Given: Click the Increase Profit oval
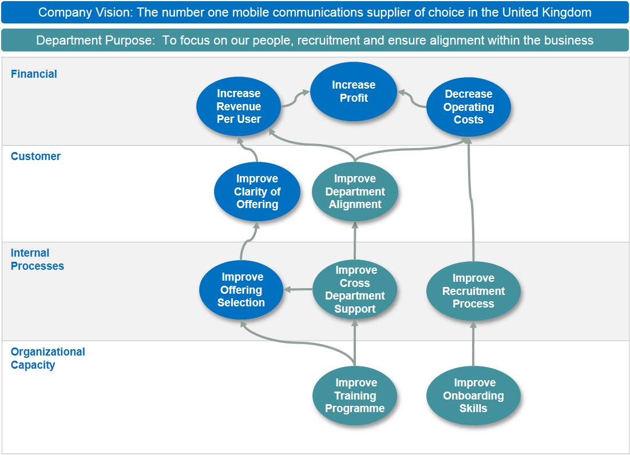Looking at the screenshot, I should tap(354, 91).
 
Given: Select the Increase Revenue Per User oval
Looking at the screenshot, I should tap(239, 106).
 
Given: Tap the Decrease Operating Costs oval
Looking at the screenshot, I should tap(469, 107).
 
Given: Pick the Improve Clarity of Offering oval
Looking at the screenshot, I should tap(257, 191).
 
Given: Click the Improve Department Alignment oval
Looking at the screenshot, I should tap(355, 191).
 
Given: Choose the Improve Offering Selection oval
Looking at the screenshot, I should tap(241, 290).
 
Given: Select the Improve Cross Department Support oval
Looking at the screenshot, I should tap(355, 290).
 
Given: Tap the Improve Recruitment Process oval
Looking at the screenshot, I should tap(473, 291).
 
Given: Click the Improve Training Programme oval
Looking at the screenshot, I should tap(355, 396).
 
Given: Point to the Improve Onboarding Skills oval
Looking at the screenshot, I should tap(473, 396).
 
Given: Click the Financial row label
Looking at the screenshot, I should tap(34, 74).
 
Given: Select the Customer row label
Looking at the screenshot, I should tap(35, 156).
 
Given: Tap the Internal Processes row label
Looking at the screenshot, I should tap(37, 260).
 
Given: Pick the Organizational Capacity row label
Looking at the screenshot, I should tap(47, 358).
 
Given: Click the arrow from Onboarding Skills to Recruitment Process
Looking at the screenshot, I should tap(473, 345).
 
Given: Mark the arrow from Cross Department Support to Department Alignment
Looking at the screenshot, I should tap(355, 241).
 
